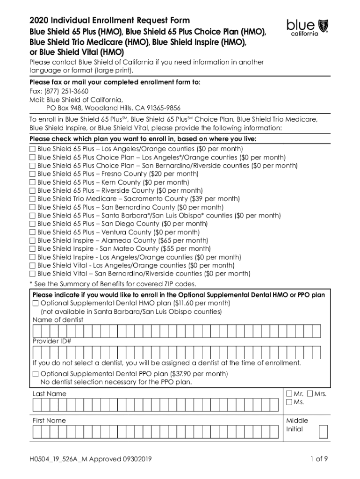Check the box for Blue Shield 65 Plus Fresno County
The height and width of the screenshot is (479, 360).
[33, 174]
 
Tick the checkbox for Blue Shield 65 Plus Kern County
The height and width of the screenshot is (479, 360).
[33, 182]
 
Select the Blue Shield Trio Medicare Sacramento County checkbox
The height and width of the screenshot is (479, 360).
[33, 199]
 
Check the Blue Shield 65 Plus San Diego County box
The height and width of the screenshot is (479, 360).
[33, 224]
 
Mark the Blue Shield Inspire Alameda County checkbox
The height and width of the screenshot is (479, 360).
[33, 241]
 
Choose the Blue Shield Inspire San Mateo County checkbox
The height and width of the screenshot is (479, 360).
[33, 249]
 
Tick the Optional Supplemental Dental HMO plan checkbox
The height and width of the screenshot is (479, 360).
[36, 303]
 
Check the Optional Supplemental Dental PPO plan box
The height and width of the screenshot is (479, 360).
[36, 374]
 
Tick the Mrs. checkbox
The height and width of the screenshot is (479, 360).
[310, 394]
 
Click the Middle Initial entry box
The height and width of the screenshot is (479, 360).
[323, 431]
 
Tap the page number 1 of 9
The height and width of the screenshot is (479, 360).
[319, 459]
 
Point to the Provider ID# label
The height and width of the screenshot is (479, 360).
[52, 341]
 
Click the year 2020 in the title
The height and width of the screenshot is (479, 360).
[39, 20]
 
